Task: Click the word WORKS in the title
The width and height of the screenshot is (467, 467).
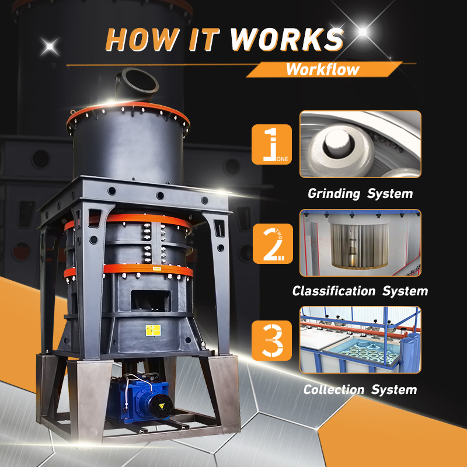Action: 286,39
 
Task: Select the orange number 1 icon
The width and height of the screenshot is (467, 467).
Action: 271,144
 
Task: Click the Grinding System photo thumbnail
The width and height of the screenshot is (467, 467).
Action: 360,145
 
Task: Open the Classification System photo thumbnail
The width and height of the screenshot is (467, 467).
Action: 360,243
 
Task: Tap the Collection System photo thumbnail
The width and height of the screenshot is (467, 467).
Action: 360,340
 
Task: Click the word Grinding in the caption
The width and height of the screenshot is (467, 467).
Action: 332,193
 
